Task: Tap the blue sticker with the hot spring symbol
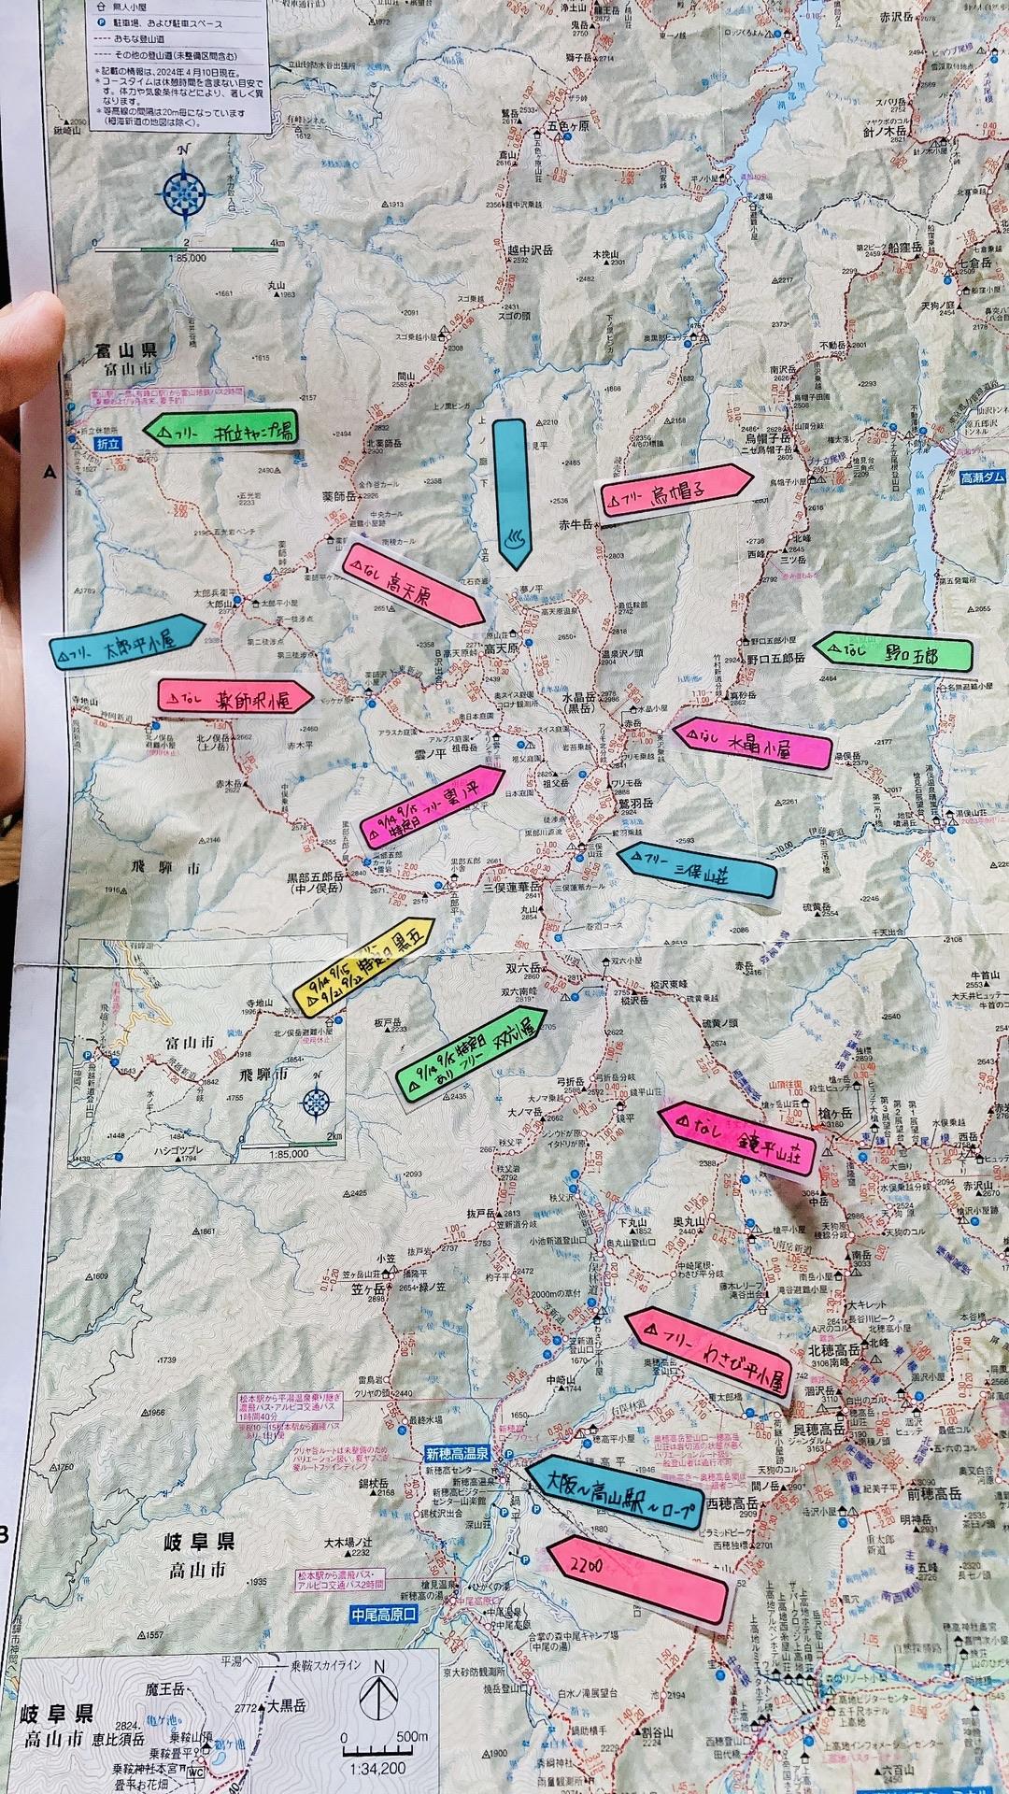[x=510, y=493]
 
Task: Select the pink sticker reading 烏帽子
[x=675, y=490]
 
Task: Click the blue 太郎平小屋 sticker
[x=126, y=644]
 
